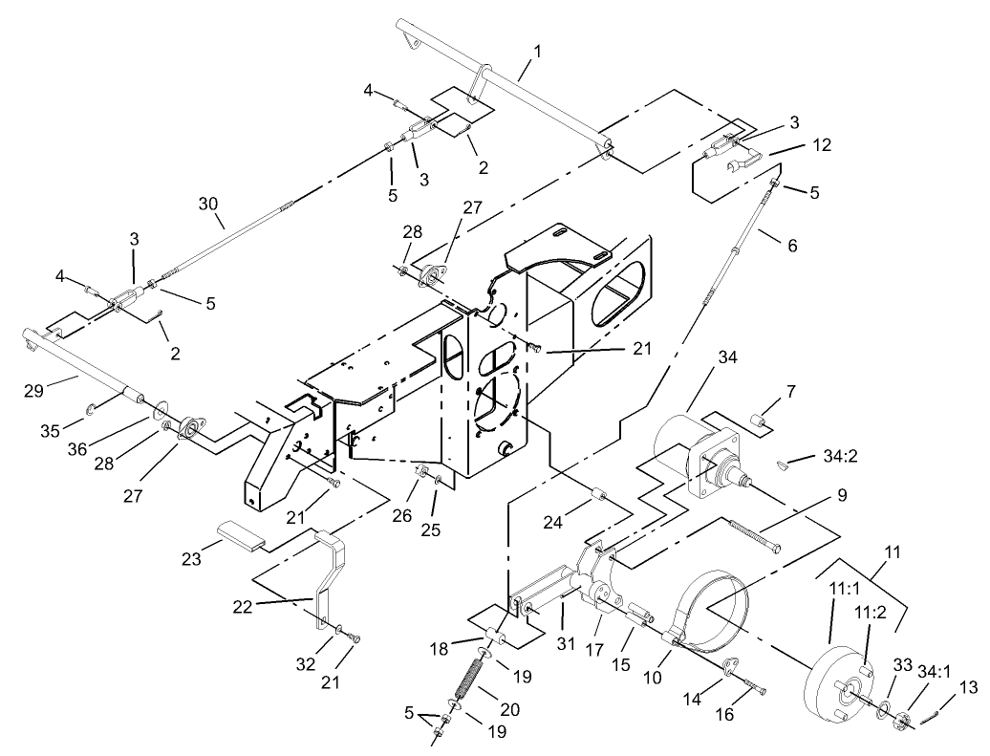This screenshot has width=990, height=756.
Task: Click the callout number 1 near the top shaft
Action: click(536, 50)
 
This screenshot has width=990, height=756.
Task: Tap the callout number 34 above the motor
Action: click(729, 357)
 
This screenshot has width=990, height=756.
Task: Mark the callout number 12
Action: click(822, 145)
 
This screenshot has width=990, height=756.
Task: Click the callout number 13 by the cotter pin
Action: click(969, 686)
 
